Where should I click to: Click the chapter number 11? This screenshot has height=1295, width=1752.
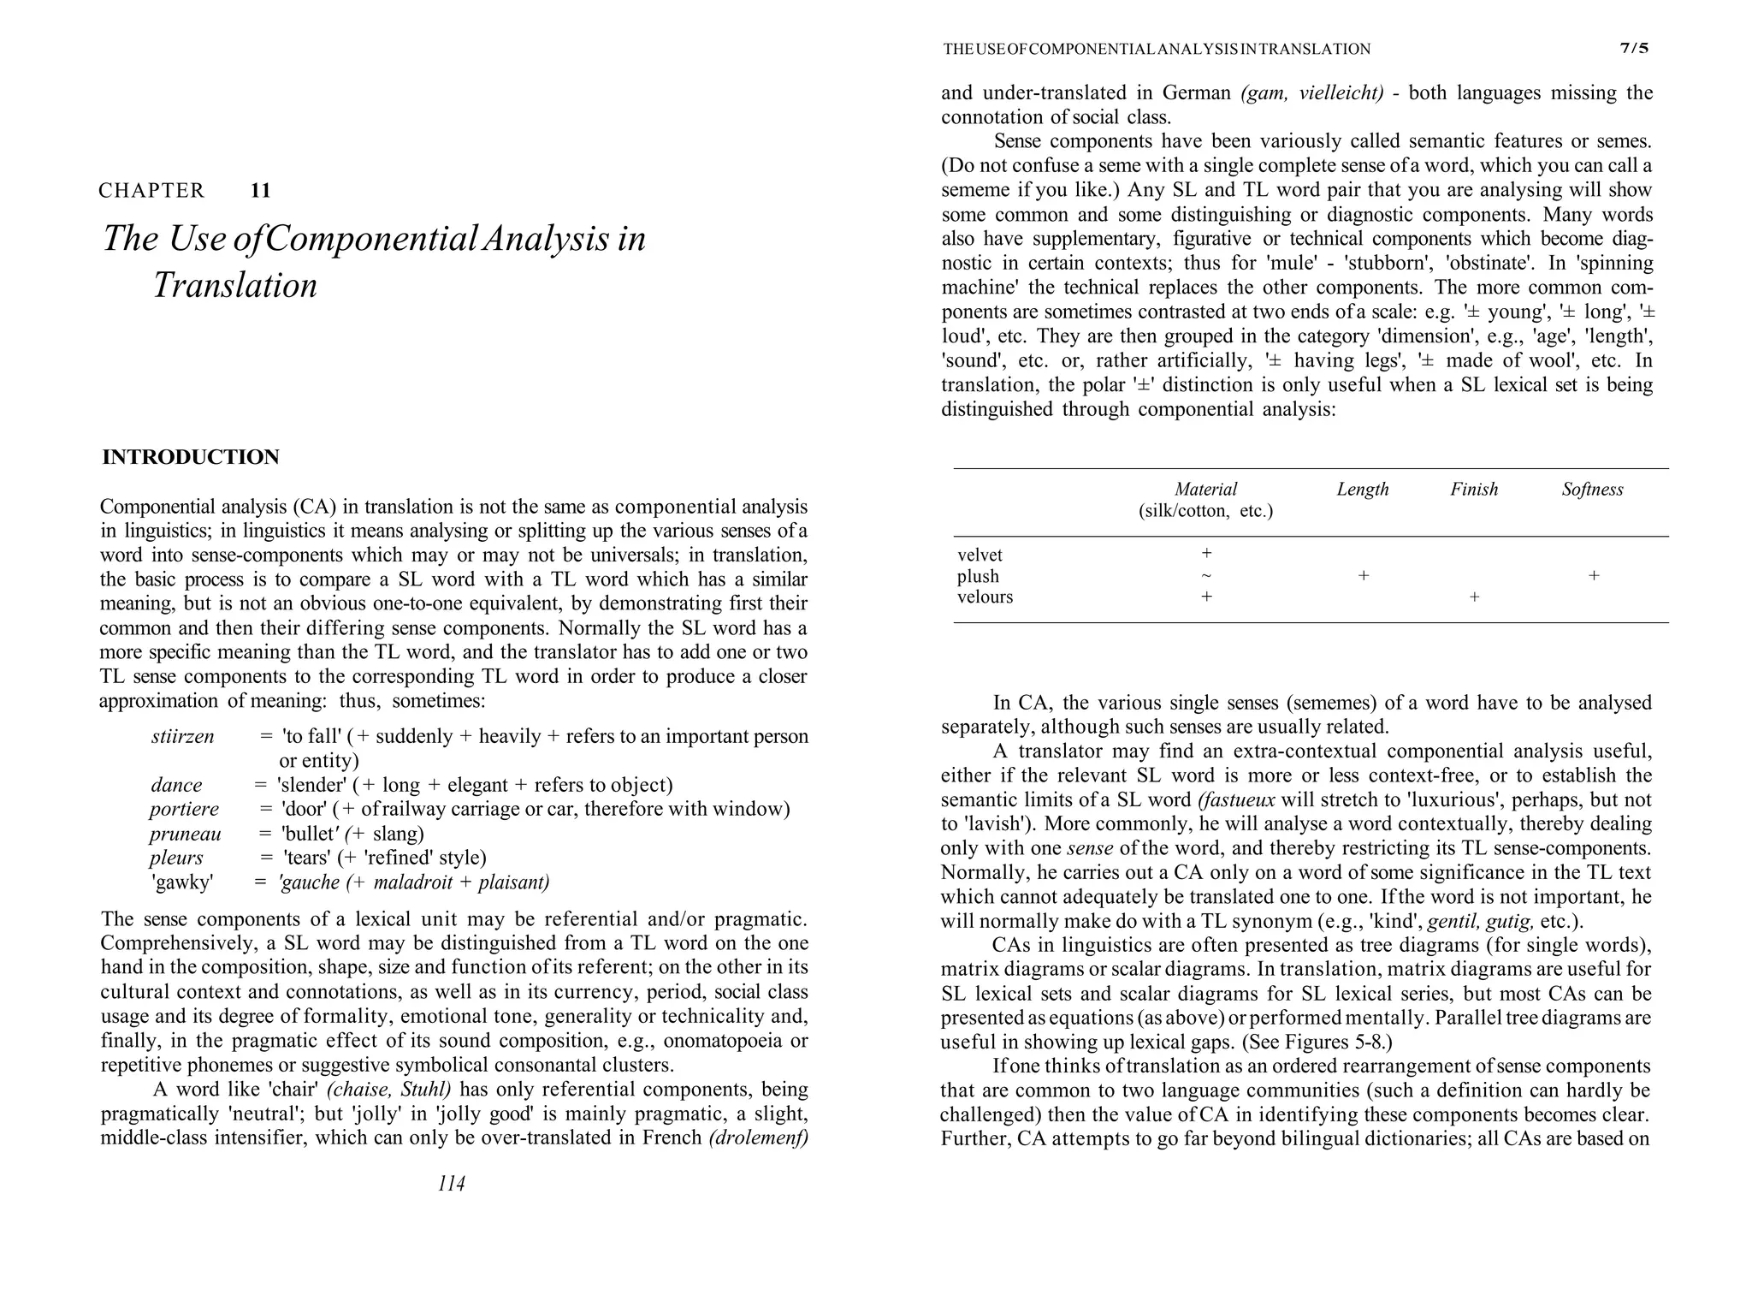260,191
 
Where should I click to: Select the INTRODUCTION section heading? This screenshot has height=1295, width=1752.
190,457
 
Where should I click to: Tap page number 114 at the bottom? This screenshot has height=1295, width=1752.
451,1184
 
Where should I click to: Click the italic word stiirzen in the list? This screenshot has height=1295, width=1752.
182,736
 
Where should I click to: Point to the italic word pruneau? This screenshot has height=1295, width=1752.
185,834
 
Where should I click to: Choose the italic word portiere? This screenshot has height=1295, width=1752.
184,809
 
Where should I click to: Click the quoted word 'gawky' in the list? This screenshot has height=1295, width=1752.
182,882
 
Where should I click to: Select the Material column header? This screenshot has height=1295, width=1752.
1205,490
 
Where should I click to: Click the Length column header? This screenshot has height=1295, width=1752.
1362,490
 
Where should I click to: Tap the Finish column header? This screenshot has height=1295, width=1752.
1473,490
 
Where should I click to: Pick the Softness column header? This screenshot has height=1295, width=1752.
1591,490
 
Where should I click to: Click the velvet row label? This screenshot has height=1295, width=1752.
980,555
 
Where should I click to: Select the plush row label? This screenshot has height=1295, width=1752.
978,577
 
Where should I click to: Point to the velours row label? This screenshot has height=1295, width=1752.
985,597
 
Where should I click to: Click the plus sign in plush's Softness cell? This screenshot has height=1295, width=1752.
1593,576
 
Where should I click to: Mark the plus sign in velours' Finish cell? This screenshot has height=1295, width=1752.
1474,597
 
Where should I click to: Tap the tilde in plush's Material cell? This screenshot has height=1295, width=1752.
1206,576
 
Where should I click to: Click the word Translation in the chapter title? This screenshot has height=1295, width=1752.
234,285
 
